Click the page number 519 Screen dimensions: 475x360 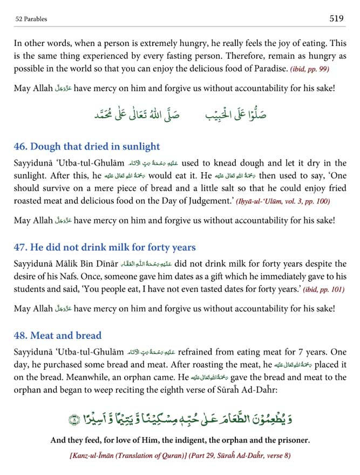point(336,19)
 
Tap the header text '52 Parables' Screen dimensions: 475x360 point(32,19)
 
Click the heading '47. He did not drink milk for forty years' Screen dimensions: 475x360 point(105,248)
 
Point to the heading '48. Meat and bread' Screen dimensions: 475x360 point(58,335)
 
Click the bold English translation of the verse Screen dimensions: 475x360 point(180,440)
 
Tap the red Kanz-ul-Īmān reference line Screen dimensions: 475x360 point(180,456)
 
